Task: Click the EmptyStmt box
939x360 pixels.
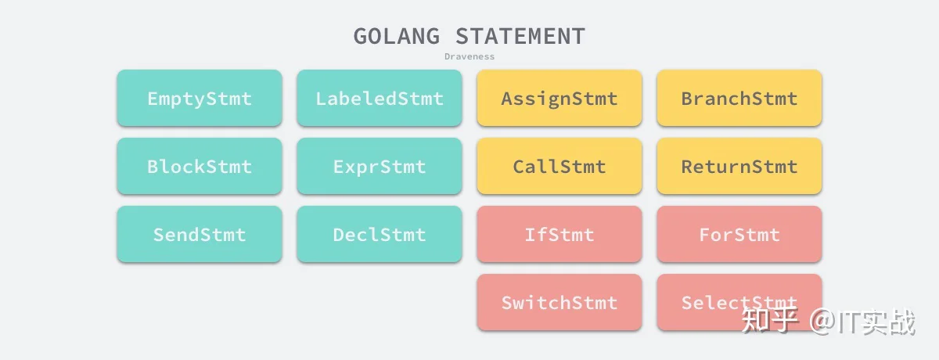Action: tap(200, 98)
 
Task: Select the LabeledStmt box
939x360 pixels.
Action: tap(380, 98)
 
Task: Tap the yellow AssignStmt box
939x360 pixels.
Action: tap(559, 98)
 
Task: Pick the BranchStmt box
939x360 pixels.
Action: tap(739, 98)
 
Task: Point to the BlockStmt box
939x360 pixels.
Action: tap(200, 166)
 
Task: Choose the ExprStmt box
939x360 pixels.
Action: tap(380, 166)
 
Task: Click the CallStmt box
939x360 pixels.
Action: tap(559, 166)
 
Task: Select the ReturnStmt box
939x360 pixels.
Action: tap(739, 166)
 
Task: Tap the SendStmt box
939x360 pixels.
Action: tap(200, 234)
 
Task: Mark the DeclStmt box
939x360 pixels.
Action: tap(380, 234)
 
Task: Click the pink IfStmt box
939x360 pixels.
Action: tap(559, 234)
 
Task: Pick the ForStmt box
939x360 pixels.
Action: tap(739, 234)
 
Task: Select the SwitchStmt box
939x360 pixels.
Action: tap(559, 302)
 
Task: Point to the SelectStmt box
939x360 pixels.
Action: tap(739, 302)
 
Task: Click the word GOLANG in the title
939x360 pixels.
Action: tap(397, 36)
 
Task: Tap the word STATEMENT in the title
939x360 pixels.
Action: tap(520, 36)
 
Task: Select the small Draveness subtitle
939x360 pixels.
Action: tap(469, 56)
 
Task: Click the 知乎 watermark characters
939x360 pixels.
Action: tap(770, 321)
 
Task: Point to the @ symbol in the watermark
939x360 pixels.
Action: tap(823, 322)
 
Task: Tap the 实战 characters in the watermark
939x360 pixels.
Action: tap(889, 322)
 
